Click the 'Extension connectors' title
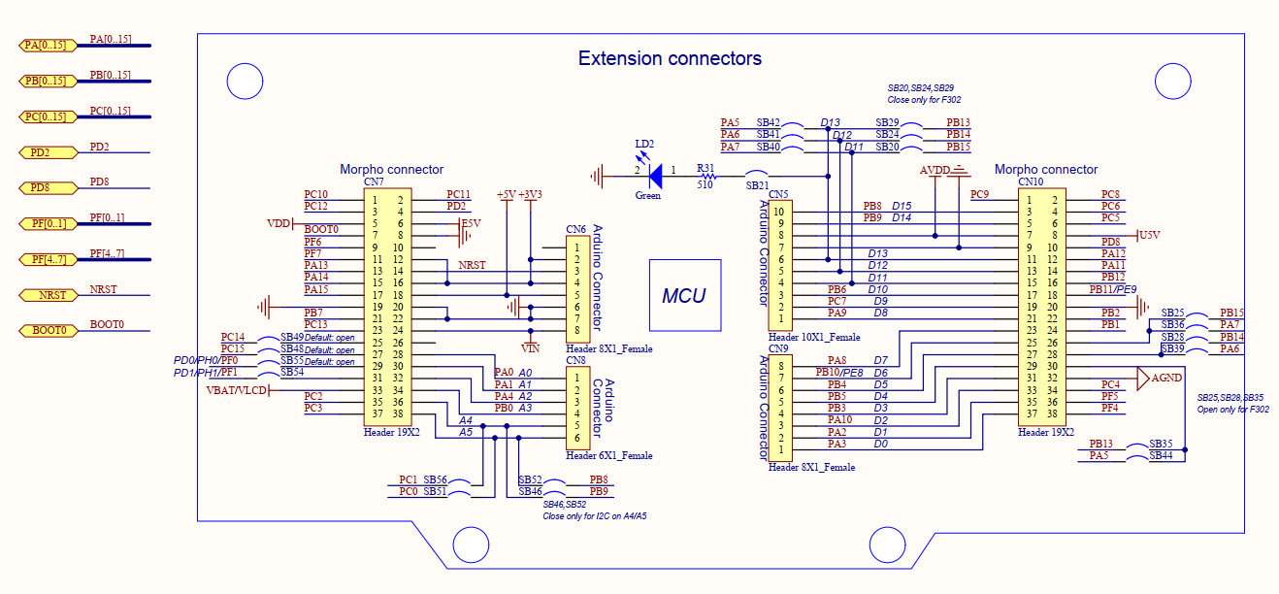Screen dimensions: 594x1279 pyautogui.click(x=670, y=58)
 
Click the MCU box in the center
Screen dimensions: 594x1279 pyautogui.click(x=684, y=295)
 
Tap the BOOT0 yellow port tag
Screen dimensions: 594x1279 pyautogui.click(x=48, y=331)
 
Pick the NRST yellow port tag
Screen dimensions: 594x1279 pyautogui.click(x=48, y=295)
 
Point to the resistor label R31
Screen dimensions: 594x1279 pyautogui.click(x=705, y=168)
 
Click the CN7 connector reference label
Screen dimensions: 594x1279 pyautogui.click(x=374, y=181)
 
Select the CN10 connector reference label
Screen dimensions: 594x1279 pyautogui.click(x=1030, y=181)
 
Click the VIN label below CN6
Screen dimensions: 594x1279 pyautogui.click(x=530, y=347)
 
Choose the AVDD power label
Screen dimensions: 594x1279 pyautogui.click(x=934, y=171)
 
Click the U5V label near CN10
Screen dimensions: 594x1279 pyautogui.click(x=1149, y=235)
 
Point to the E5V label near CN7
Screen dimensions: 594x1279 pyautogui.click(x=471, y=223)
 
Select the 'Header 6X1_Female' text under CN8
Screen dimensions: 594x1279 pyautogui.click(x=608, y=455)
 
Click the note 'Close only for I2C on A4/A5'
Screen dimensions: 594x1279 pyautogui.click(x=594, y=516)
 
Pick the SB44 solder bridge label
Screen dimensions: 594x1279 pyautogui.click(x=1161, y=455)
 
